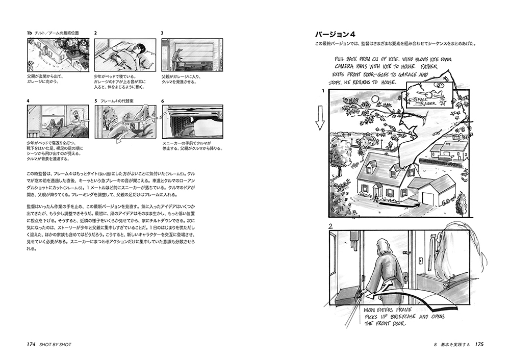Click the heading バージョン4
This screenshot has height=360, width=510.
pos(334,34)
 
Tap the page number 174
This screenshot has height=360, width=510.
pos(30,344)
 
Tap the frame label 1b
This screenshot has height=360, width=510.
pos(29,33)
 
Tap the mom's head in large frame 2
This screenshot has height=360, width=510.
pos(385,247)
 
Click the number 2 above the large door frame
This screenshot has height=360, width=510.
pos(331,225)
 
